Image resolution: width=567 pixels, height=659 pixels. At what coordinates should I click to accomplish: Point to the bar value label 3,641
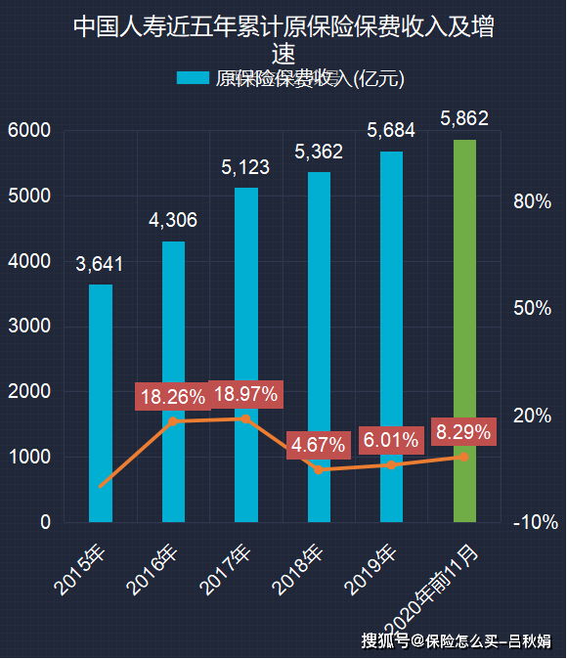click(x=101, y=264)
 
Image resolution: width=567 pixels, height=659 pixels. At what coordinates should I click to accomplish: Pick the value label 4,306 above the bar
click(x=173, y=220)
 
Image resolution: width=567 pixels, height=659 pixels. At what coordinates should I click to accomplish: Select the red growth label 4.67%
click(x=319, y=445)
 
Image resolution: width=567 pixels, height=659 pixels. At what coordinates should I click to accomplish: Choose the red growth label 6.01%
click(x=391, y=440)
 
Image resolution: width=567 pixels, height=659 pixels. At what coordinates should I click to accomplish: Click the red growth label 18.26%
click(x=172, y=397)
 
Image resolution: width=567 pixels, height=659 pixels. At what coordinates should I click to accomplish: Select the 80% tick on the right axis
click(x=532, y=201)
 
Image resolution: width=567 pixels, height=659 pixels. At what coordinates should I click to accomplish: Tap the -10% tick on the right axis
click(x=534, y=523)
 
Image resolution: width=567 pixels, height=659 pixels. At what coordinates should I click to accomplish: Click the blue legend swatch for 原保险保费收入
click(x=193, y=78)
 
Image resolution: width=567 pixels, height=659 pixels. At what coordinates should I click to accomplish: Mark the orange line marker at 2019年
click(x=391, y=464)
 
